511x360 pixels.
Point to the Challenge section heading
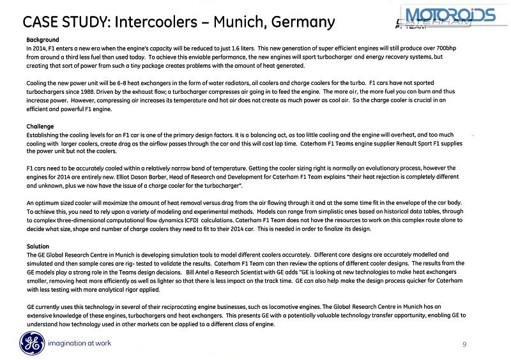click(40, 126)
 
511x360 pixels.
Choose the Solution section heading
click(38, 246)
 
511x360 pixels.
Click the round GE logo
click(27, 343)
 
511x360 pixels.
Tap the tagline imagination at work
click(80, 343)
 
